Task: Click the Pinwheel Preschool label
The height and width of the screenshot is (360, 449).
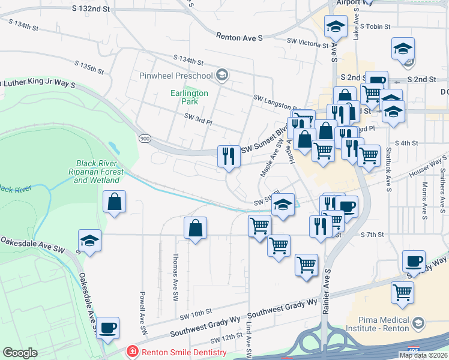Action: point(176,76)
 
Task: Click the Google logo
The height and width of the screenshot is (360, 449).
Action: point(20,352)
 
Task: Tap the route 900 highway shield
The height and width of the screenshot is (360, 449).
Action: point(144,139)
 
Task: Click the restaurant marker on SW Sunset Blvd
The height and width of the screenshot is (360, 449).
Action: point(228,157)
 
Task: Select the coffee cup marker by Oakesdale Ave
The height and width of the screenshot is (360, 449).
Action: point(108,328)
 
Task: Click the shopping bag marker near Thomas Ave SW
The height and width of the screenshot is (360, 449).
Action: point(195,228)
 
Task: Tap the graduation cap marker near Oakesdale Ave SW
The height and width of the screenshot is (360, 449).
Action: point(90,241)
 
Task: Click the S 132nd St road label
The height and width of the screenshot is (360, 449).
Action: point(91,9)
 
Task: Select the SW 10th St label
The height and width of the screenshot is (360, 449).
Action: point(196,313)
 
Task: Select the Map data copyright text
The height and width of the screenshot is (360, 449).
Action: point(423,355)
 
